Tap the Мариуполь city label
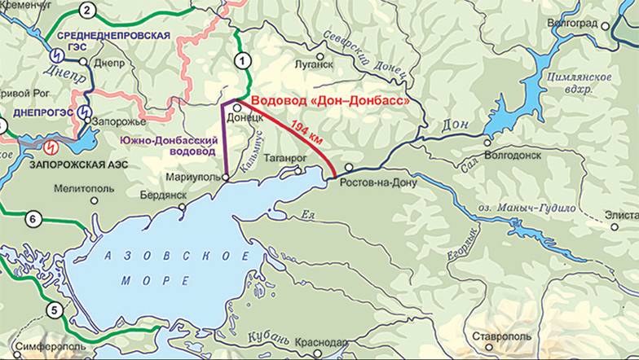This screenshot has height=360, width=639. click(x=190, y=177)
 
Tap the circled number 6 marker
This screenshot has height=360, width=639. click(x=33, y=217)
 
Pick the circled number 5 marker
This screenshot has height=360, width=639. click(x=55, y=310)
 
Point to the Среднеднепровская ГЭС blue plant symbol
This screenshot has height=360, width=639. click(x=57, y=55)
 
